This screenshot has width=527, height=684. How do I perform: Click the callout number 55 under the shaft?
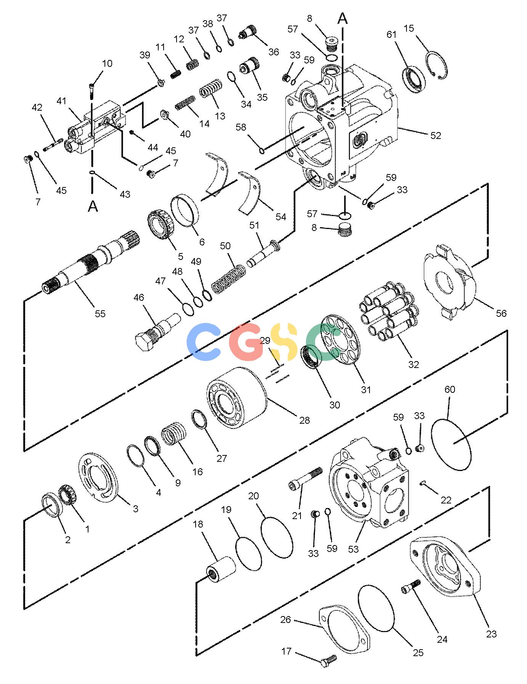100,314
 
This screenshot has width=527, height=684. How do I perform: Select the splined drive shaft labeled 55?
92,263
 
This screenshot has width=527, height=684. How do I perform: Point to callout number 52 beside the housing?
435,136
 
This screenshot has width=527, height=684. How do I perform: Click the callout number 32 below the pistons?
413,365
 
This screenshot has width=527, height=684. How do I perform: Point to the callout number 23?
492,634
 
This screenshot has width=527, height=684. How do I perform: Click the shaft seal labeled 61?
414,80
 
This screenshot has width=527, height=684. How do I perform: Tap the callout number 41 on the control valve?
61,101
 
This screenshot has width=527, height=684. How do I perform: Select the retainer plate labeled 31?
341,339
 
